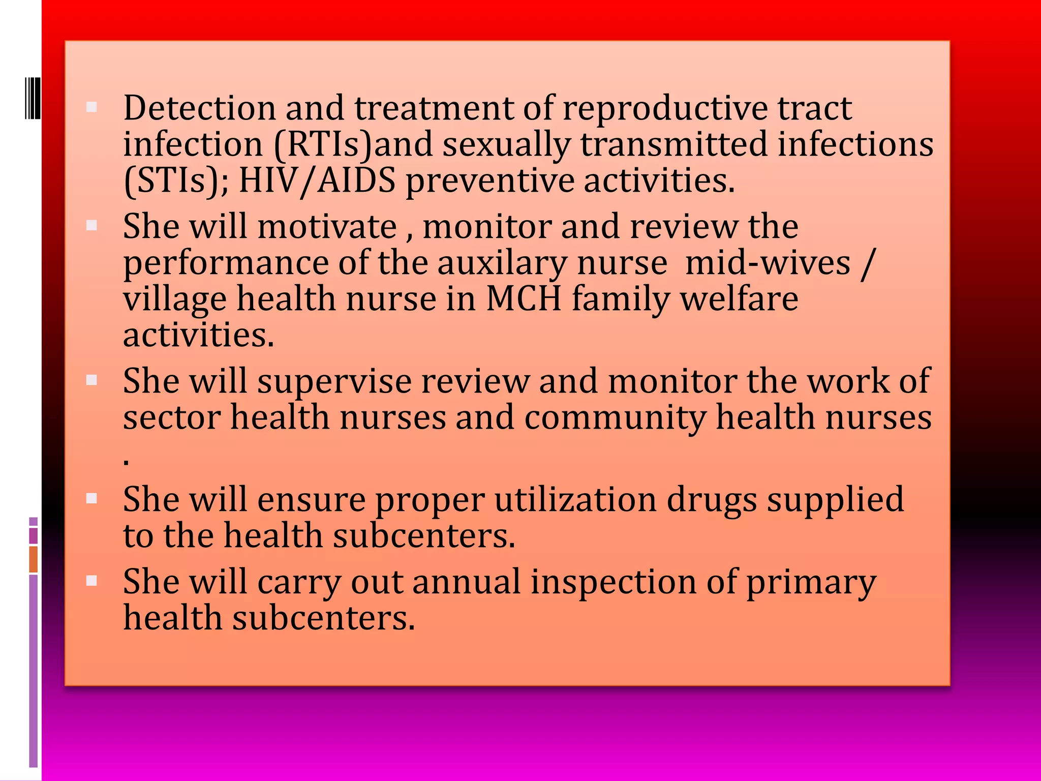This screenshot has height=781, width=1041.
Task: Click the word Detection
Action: [199, 108]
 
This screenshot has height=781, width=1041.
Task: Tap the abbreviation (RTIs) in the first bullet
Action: [324, 145]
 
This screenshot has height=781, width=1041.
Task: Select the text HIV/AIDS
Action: [317, 181]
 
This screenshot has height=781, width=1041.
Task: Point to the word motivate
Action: [327, 227]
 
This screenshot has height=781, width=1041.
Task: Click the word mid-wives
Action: [768, 263]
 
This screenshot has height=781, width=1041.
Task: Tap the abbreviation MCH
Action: [524, 299]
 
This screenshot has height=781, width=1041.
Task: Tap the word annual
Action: [466, 582]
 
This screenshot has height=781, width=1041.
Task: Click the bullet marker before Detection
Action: [92, 107]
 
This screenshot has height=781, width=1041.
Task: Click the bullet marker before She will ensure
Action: [92, 498]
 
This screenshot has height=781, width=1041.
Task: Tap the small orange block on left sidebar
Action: [34, 559]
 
